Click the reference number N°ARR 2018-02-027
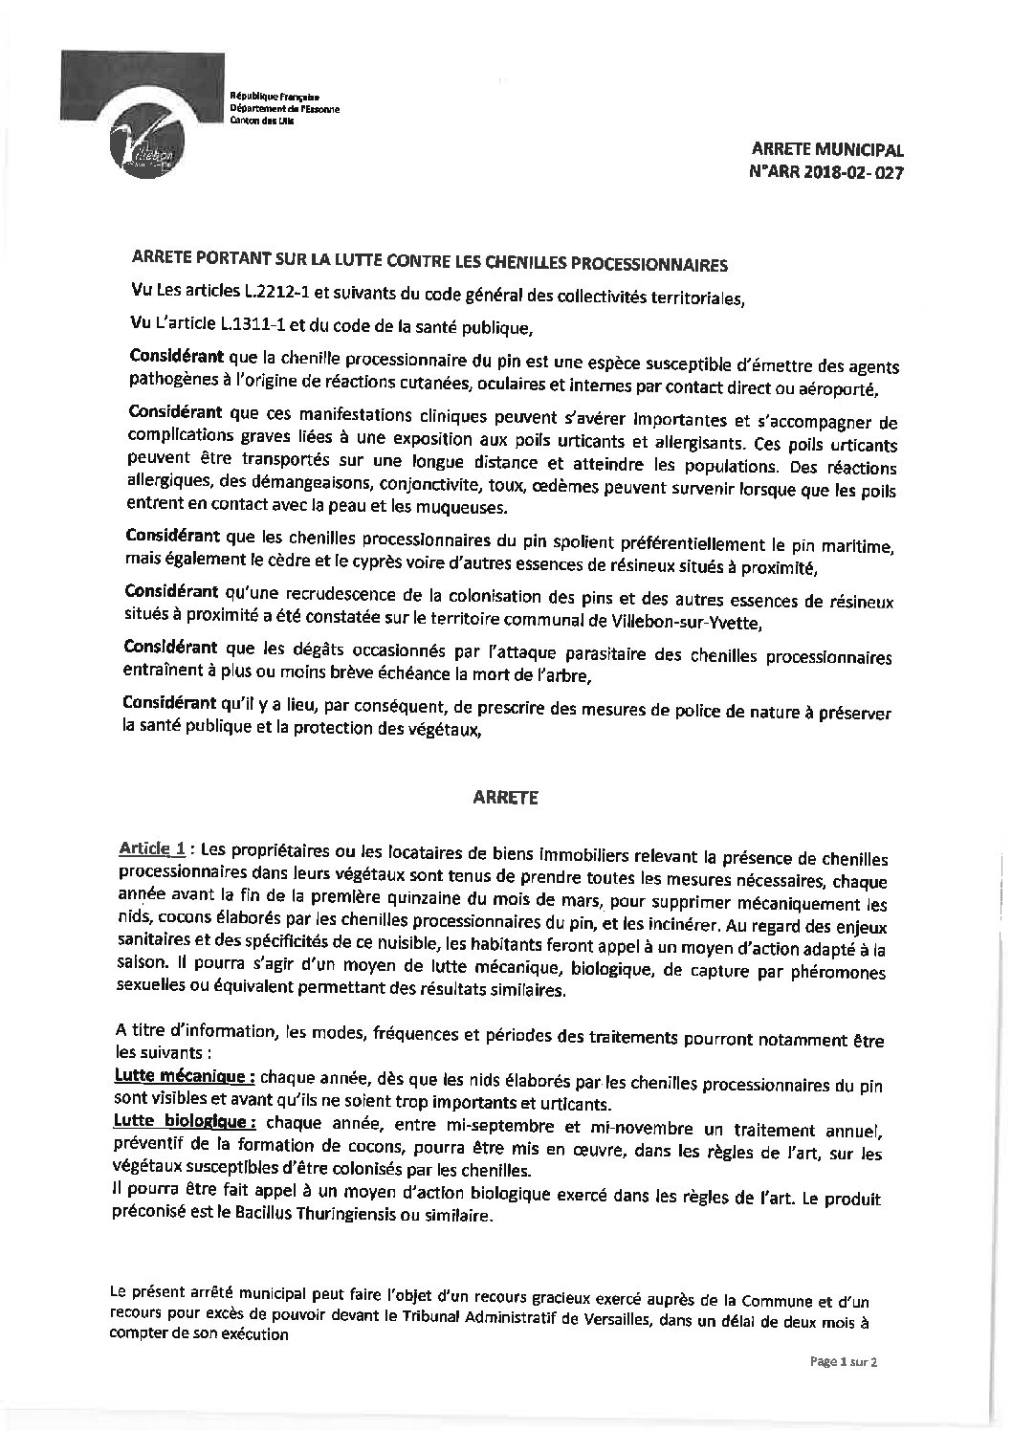pyautogui.click(x=827, y=173)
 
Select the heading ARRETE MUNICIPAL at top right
pyautogui.click(x=827, y=150)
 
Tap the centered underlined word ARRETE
pyautogui.click(x=506, y=798)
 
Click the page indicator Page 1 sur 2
pyautogui.click(x=844, y=1388)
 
